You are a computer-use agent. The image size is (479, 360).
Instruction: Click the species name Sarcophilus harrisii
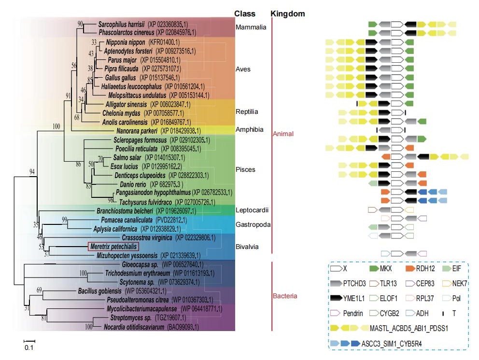122,24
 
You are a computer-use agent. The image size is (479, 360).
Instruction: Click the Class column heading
245,14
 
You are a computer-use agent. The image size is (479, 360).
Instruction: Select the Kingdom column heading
288,14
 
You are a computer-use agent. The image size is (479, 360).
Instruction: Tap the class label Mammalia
251,27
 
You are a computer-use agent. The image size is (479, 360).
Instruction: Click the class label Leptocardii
252,210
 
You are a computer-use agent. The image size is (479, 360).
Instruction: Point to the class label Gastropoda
253,225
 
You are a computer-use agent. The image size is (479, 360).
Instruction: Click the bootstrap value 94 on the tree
32,172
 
